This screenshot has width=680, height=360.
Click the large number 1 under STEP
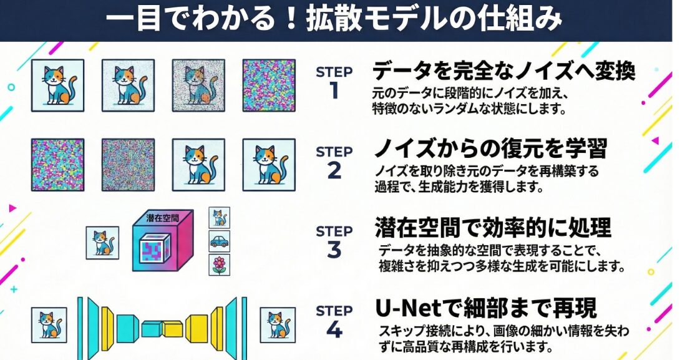[334, 91]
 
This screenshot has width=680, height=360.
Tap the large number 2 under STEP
[334, 170]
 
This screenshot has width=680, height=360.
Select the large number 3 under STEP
[334, 250]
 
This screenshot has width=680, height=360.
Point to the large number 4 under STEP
[334, 330]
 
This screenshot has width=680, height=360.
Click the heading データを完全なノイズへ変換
[504, 71]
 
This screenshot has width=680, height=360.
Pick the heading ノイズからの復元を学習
[490, 148]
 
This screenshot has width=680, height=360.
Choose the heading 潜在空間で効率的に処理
[493, 228]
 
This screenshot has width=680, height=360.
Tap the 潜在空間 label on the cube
[163, 218]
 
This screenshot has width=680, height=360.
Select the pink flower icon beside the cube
[220, 265]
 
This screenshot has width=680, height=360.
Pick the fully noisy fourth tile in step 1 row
[269, 85]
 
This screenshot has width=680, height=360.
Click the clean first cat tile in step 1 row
[57, 85]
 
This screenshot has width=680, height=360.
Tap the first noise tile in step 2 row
[57, 165]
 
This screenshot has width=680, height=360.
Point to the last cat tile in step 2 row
[269, 165]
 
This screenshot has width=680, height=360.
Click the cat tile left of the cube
[102, 243]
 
